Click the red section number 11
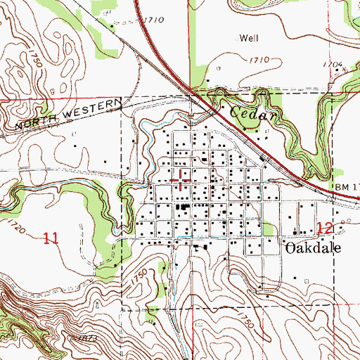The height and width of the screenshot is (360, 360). (50, 238)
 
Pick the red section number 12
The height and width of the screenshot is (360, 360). (323, 227)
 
